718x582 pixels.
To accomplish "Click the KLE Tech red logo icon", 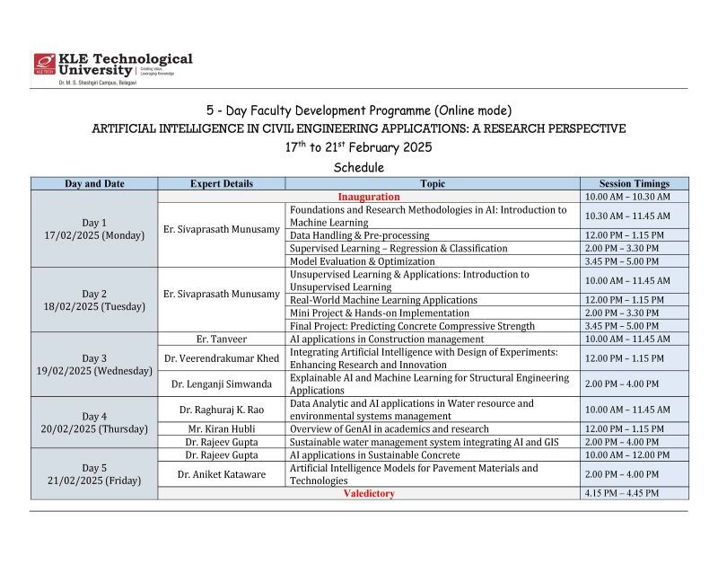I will tap(45, 64).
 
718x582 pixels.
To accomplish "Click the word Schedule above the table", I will tap(358, 167).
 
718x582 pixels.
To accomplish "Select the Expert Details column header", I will tap(221, 183).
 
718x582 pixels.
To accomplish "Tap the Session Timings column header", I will tap(634, 183).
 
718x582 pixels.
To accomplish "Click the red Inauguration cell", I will tap(369, 196).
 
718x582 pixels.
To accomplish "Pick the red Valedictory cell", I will tap(369, 493).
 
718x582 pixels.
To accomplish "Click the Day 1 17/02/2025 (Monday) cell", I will tap(94, 228).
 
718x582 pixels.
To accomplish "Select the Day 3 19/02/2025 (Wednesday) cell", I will tap(94, 364).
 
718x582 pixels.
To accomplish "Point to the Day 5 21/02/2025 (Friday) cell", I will tap(94, 473).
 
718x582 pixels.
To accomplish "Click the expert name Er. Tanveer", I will tap(221, 339).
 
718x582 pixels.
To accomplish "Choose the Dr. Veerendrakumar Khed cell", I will tap(221, 357).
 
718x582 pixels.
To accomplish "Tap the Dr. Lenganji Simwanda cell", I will tap(221, 384).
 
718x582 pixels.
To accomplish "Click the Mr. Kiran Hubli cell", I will tap(221, 428).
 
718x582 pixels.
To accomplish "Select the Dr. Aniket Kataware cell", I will tap(221, 473).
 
